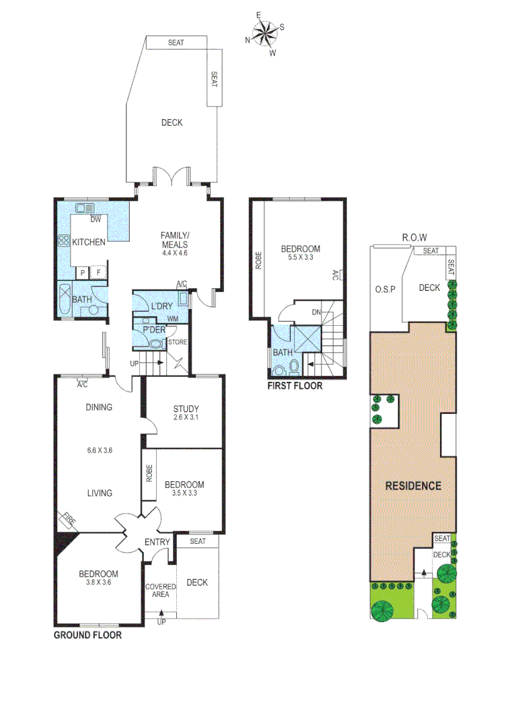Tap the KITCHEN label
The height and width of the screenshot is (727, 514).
[x=89, y=242]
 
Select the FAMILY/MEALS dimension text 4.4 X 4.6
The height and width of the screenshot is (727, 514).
[x=174, y=253]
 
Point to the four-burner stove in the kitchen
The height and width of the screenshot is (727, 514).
[x=64, y=241]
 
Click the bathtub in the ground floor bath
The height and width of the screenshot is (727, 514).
[x=63, y=301]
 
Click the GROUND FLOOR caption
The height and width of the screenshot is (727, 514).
[x=87, y=635]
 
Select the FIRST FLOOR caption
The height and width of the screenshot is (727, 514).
[x=295, y=386]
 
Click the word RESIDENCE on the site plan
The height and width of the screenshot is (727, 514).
[x=412, y=485]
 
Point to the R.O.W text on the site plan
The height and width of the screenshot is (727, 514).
[x=414, y=237]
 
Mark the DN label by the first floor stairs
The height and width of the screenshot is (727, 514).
[x=316, y=312]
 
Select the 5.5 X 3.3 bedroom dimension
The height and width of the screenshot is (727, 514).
[x=299, y=257]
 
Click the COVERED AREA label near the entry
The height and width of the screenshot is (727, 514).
[x=160, y=590]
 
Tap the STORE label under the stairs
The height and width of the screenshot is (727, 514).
[x=178, y=342]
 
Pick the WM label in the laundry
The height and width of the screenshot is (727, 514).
[x=173, y=318]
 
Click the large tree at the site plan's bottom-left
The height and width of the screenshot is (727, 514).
[x=383, y=611]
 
